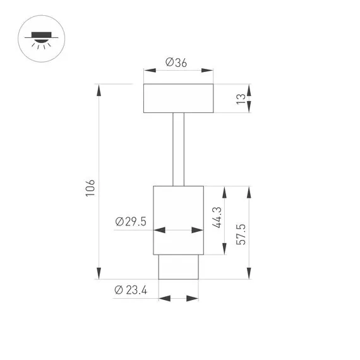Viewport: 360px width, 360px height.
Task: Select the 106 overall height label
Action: click(90, 187)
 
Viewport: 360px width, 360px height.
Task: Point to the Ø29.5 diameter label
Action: click(131, 221)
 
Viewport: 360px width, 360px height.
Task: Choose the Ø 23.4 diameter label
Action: click(131, 290)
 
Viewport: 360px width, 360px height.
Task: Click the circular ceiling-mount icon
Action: click(42, 39)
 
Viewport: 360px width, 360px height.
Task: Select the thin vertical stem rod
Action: click(179, 150)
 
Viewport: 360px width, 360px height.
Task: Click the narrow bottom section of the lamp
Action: click(178, 267)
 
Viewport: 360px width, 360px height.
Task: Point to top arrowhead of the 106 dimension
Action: click(99, 89)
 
